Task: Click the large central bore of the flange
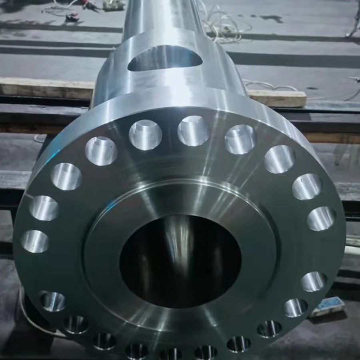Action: (x=180, y=260)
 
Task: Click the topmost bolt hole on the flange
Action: (x=194, y=130)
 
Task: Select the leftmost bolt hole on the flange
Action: (x=35, y=241)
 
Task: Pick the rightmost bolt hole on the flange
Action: (x=321, y=218)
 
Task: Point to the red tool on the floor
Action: (x=72, y=17)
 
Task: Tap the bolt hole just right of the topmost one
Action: (x=240, y=139)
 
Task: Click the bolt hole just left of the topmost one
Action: (x=145, y=134)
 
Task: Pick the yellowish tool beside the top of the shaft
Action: (x=114, y=5)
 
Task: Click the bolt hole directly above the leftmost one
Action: (x=44, y=208)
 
